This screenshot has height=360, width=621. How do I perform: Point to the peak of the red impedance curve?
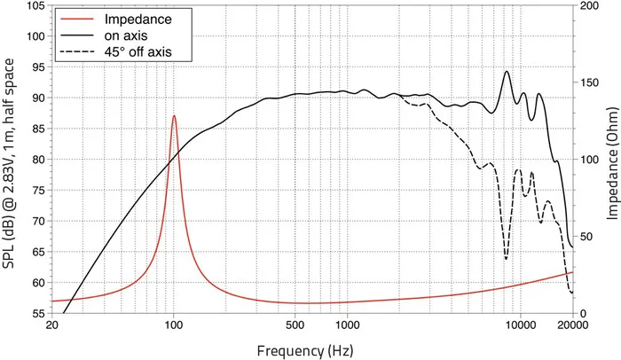tap(174, 116)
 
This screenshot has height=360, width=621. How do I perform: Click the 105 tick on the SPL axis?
tap(36, 5)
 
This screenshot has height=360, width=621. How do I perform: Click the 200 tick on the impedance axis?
tap(588, 5)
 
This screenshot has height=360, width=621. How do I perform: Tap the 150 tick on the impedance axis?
tap(588, 82)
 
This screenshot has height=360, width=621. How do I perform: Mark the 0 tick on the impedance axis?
tap(581, 313)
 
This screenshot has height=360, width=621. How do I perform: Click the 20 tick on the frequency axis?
tap(52, 325)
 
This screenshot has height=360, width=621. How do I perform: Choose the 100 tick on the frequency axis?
tap(174, 325)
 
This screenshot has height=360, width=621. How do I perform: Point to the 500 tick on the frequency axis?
tap(295, 325)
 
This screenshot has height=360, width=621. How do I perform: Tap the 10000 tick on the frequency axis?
tap(521, 325)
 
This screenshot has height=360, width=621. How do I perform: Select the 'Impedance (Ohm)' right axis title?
tap(611, 160)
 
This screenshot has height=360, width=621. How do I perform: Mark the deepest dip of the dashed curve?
tap(507, 259)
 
